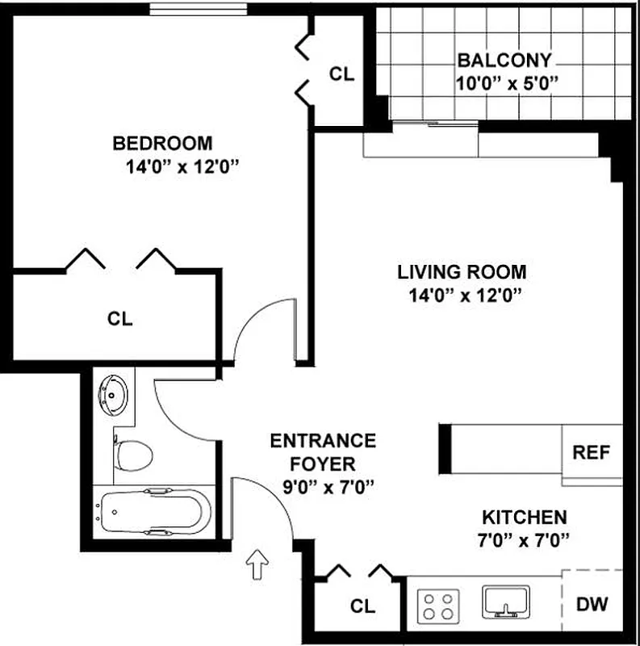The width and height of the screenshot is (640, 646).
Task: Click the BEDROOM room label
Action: click(162, 144)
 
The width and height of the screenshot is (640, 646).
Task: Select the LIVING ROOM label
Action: click(461, 272)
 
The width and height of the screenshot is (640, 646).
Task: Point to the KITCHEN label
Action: click(524, 517)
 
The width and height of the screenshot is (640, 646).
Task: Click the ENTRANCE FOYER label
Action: click(323, 452)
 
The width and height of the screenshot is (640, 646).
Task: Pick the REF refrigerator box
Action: click(592, 452)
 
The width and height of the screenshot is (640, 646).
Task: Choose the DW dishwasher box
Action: click(592, 603)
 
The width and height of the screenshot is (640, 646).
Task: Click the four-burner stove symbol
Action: click(438, 604)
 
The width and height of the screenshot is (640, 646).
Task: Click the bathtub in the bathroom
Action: click(153, 513)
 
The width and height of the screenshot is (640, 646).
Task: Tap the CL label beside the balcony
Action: click(341, 73)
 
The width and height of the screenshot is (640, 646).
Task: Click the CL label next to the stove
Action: click(363, 605)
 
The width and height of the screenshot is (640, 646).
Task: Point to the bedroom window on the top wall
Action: click(198, 9)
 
